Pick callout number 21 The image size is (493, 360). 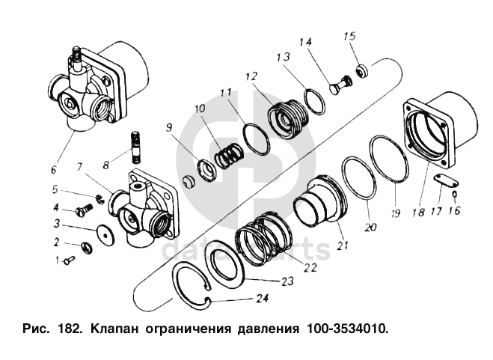(342, 245)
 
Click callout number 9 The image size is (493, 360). (169, 127)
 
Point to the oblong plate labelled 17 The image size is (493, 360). (445, 180)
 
